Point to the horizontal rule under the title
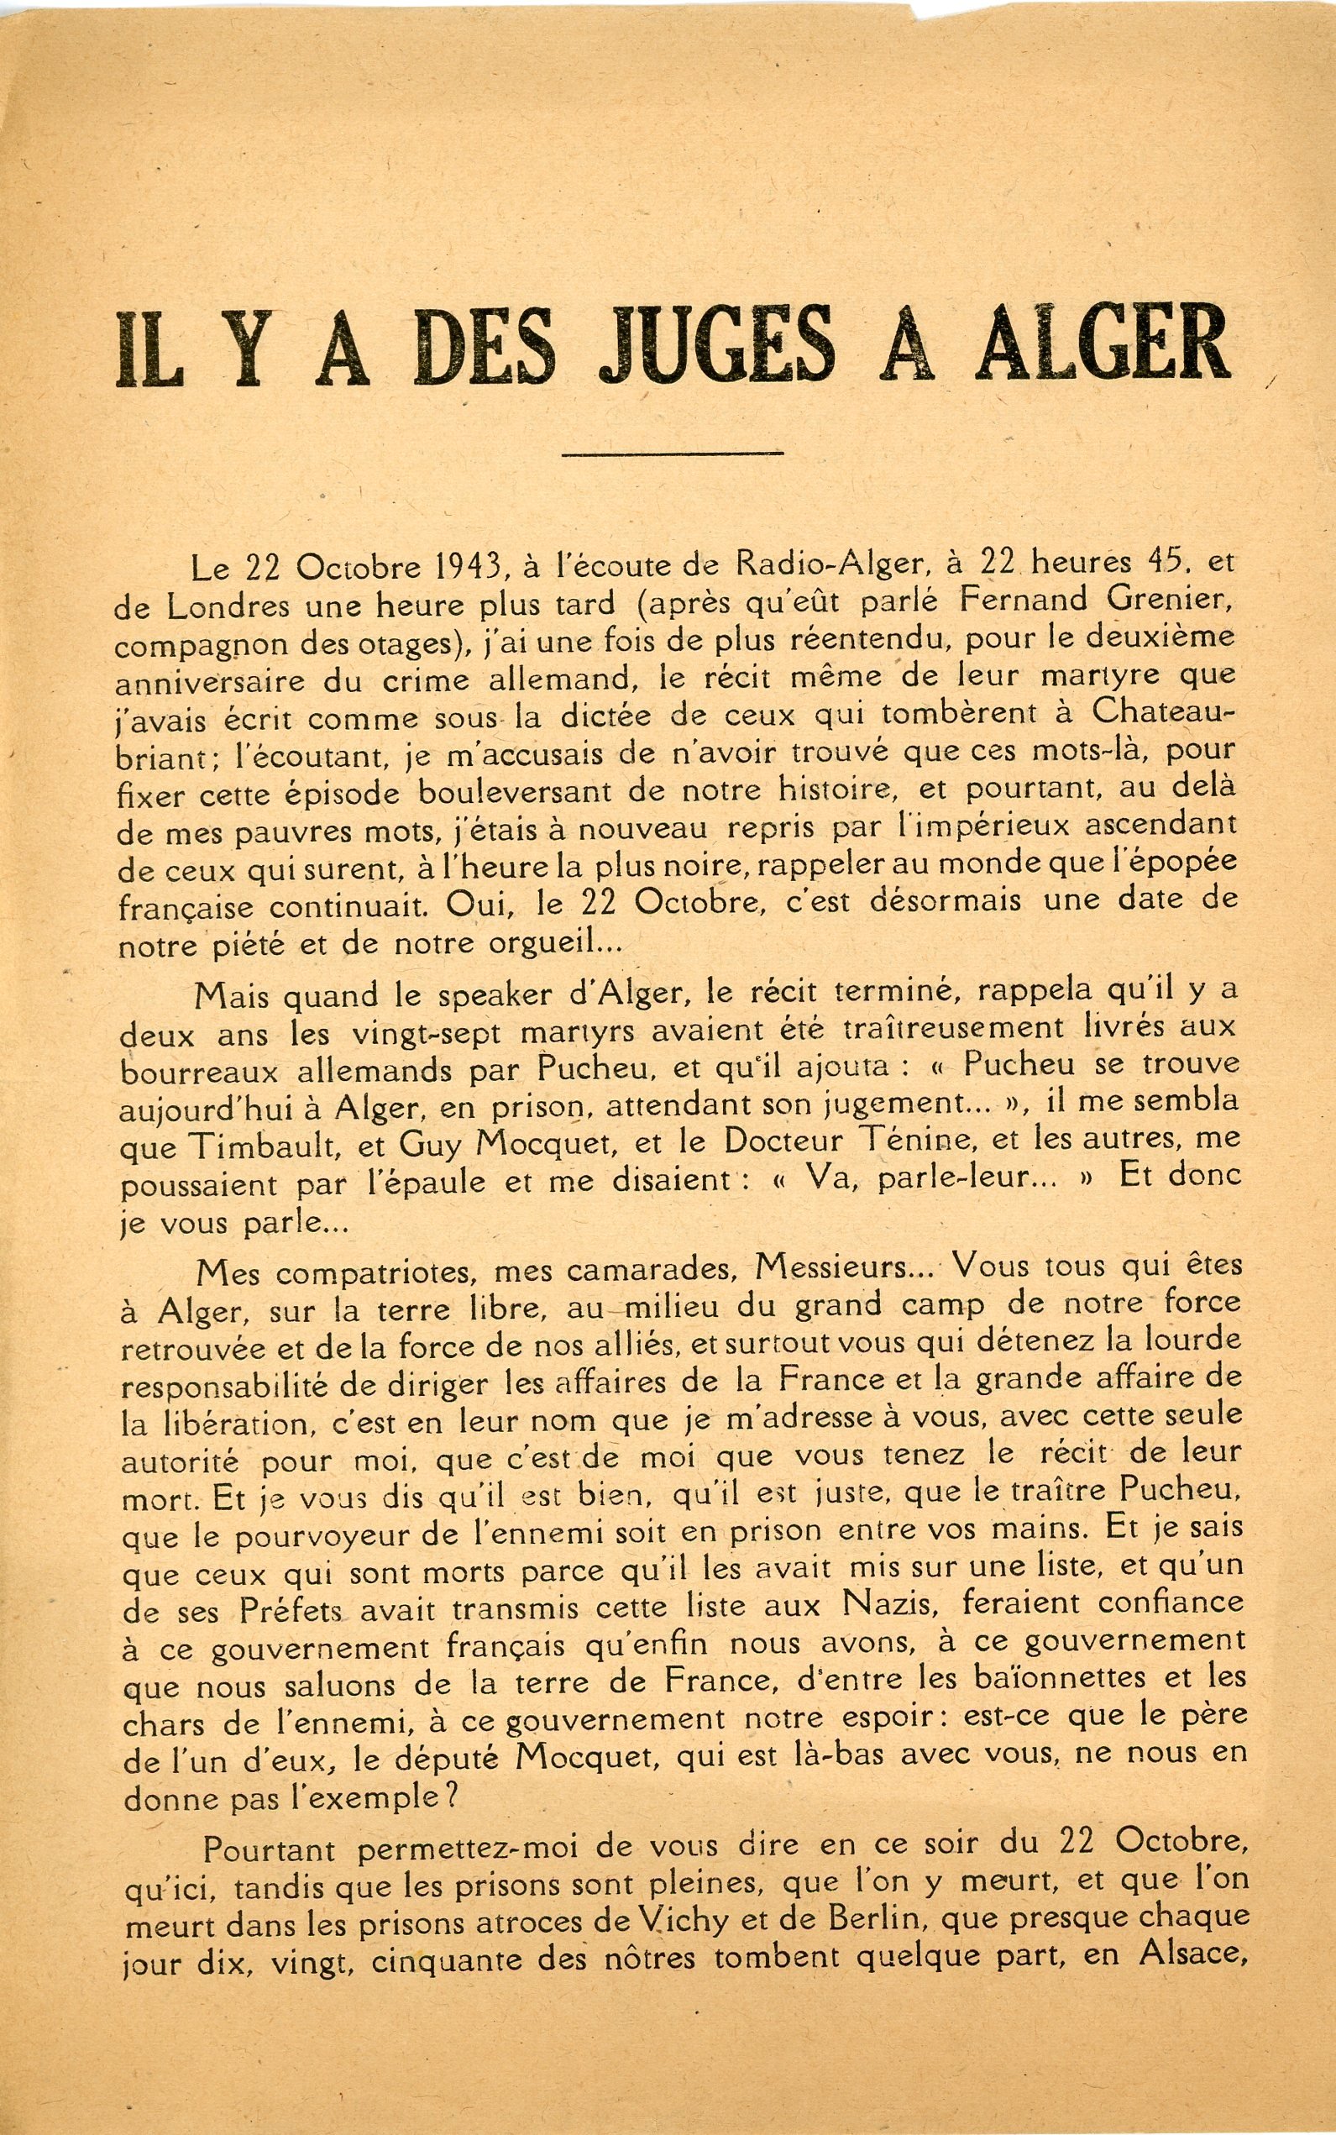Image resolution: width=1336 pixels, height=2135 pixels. point(673,454)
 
